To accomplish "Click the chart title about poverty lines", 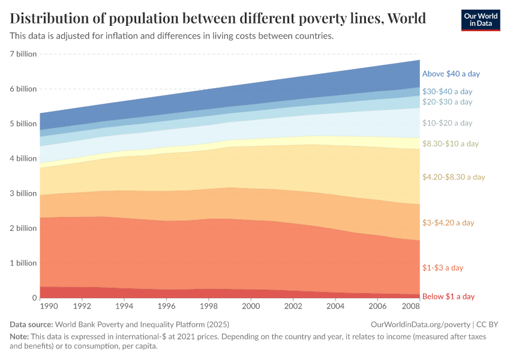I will pos(218,19).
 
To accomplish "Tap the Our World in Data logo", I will pos(480,20).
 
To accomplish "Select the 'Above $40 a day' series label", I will pos(451,74).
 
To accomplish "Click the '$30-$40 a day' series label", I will pos(447,92).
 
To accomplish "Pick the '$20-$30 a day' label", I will pos(447,102).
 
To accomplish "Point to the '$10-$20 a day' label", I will pos(447,123).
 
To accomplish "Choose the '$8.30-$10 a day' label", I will pos(450,144).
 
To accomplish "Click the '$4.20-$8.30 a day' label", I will pos(453,177).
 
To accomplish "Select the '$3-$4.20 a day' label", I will pos(448,223).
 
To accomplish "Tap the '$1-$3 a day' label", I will pos(443,268).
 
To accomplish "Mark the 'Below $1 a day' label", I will pos(448,296).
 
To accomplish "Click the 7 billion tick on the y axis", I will pos(23,54).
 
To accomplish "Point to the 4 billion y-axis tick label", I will pos(23,158).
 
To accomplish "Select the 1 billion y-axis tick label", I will pos(23,263).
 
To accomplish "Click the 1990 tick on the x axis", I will pos(49,306).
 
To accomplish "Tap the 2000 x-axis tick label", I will pos(250,306).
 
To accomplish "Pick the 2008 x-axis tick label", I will pos(411,306).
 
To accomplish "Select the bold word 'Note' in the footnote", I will pos(20,337).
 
